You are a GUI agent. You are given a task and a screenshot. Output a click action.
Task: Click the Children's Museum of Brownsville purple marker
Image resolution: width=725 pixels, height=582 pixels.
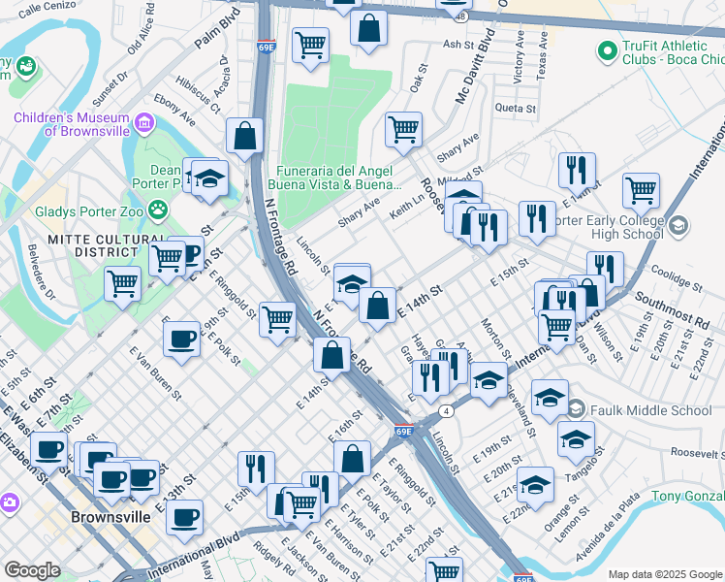coord(144,122)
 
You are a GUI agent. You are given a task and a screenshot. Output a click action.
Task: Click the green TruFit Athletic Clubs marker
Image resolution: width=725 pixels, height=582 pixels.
coord(608,48)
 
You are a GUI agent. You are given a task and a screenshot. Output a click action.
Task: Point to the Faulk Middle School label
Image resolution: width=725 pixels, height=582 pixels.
coord(650,409)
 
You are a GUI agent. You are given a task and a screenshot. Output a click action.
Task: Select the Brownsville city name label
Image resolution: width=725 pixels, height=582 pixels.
coord(110,517)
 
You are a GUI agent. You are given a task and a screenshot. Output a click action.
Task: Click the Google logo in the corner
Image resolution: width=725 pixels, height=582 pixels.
coord(32,570)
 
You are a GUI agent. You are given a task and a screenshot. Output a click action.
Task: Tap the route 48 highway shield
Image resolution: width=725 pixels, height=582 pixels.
coord(461,16)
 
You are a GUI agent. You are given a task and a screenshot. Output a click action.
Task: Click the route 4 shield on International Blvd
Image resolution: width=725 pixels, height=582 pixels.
coord(445,411)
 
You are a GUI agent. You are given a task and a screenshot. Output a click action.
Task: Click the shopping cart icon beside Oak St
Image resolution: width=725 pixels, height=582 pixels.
coord(402,129)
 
